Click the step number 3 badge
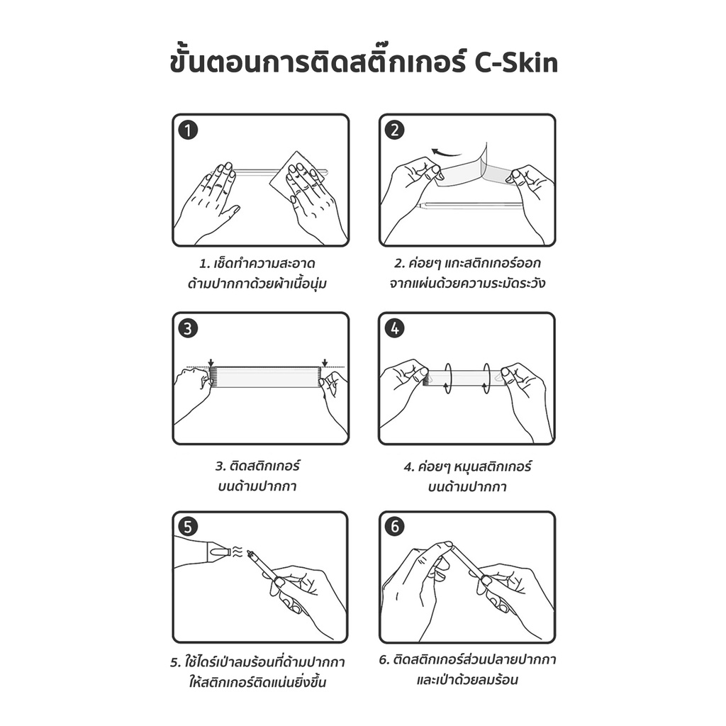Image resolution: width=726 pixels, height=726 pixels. point(189,328)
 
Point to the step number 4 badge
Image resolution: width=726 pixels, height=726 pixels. point(395,328)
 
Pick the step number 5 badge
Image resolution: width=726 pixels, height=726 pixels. point(189,526)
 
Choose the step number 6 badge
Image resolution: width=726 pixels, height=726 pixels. point(395,526)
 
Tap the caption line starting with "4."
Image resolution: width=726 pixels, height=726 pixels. point(467,467)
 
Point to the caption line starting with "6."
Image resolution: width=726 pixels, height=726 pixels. point(467,661)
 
